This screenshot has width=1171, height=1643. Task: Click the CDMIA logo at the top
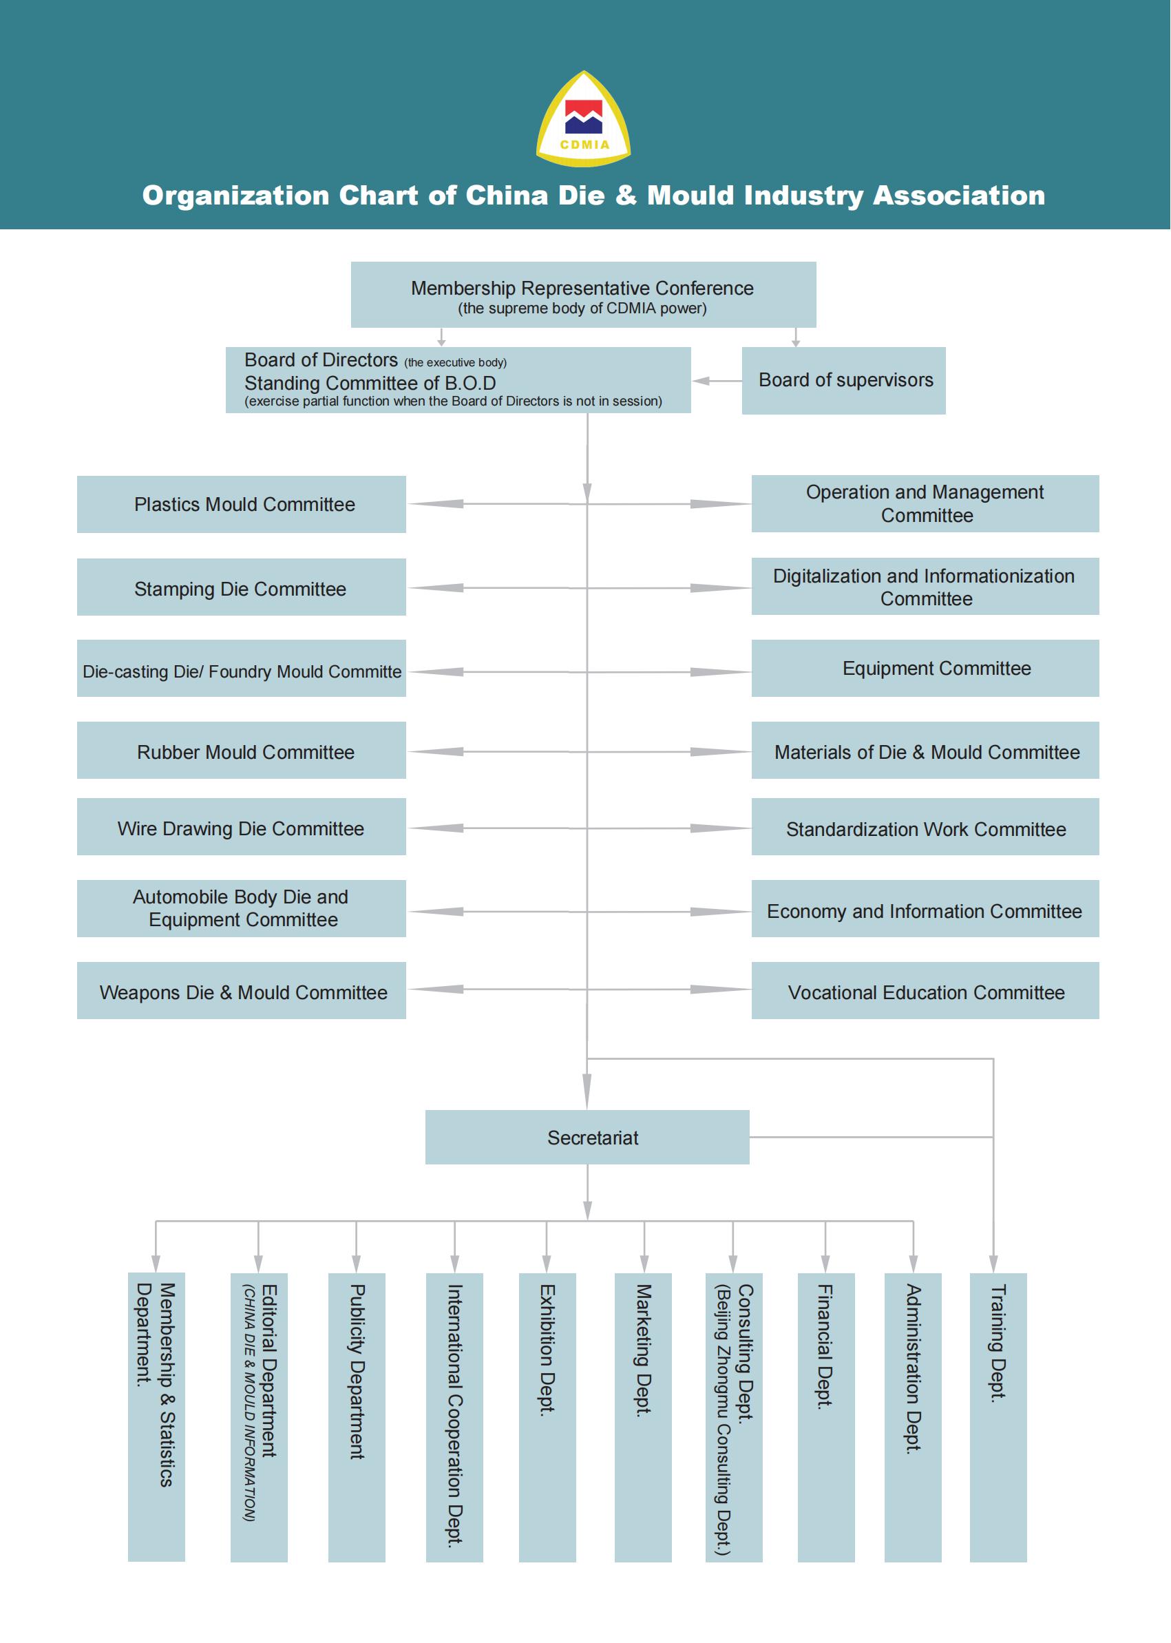click(583, 120)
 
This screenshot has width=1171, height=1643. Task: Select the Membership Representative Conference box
click(582, 294)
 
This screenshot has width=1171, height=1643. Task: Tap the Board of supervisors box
click(843, 380)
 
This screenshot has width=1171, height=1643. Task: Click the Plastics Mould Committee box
click(241, 504)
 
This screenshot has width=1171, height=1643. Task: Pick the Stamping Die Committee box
click(241, 587)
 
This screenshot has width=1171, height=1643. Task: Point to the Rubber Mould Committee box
click(241, 750)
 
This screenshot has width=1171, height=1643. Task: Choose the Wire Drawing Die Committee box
click(241, 826)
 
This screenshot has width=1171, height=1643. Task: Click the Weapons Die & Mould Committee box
click(241, 990)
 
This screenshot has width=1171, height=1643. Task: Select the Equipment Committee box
click(925, 668)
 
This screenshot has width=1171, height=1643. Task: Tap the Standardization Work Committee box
click(925, 826)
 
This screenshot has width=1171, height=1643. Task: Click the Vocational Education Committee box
click(925, 990)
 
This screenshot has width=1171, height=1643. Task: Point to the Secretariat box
click(587, 1137)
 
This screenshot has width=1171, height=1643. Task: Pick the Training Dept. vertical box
click(998, 1416)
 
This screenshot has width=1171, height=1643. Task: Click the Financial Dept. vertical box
click(825, 1416)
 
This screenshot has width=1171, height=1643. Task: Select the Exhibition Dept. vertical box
click(547, 1416)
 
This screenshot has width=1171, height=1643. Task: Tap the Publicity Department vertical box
click(356, 1416)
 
